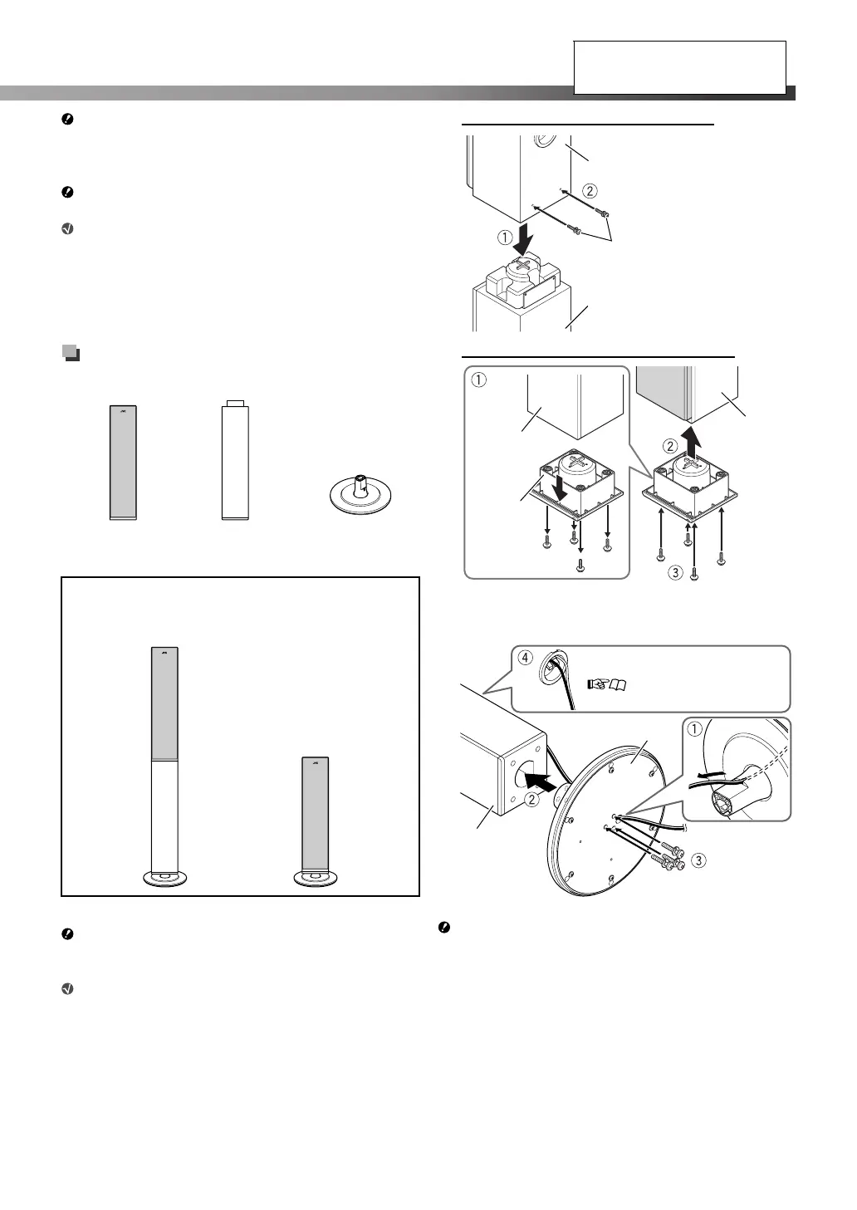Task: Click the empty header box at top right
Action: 679,67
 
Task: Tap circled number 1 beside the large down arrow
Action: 506,237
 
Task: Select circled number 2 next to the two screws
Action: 590,190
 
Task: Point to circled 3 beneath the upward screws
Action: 676,572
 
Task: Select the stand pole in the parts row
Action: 235,461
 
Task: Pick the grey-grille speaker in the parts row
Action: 123,463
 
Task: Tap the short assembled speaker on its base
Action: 315,821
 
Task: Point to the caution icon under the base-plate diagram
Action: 444,928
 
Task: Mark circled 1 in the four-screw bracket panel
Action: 477,381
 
